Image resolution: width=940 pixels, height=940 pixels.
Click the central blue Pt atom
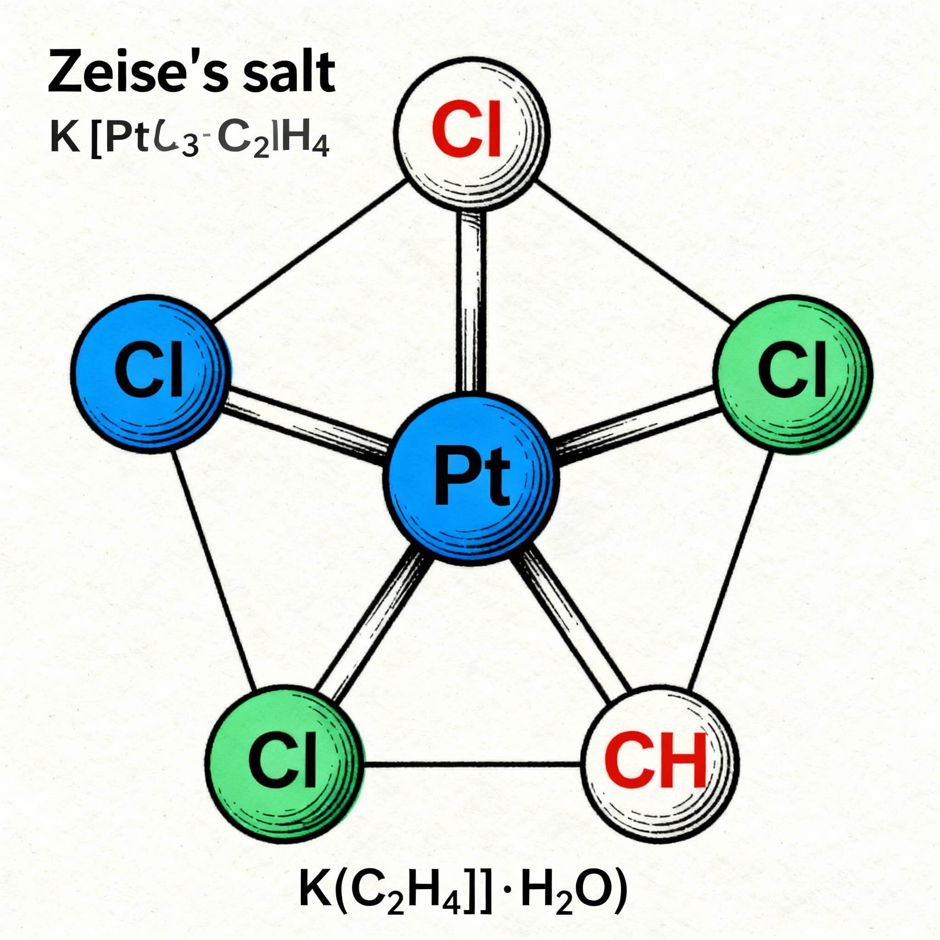470,480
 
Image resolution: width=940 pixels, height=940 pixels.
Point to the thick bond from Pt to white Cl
471,302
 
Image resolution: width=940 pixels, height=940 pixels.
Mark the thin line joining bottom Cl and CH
472,764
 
